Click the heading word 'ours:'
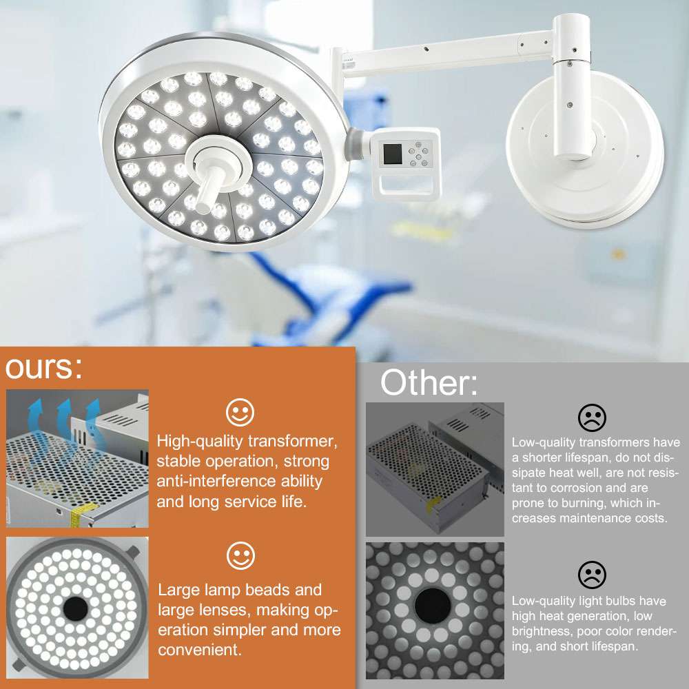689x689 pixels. pos(43,368)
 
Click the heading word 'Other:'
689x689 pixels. pos(429,382)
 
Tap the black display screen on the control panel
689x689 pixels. pos(393,154)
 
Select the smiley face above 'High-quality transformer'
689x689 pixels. pos(240,412)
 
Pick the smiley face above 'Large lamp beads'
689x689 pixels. pos(240,556)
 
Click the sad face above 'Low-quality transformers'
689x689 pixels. pos(592,418)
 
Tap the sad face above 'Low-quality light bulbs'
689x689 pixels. pos(592,575)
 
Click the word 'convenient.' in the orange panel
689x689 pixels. pos(200,650)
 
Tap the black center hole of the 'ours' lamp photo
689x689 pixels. pos(76,608)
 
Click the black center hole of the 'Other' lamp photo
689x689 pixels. pos(433,606)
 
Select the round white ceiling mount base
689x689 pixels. pos(584,150)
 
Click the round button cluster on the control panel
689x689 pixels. pos(418,154)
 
